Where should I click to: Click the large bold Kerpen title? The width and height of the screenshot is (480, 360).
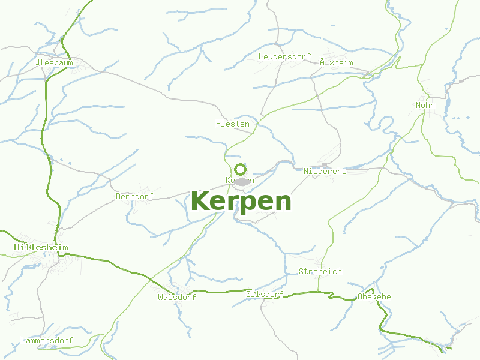click(x=241, y=201)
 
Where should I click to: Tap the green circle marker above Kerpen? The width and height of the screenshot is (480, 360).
click(x=240, y=169)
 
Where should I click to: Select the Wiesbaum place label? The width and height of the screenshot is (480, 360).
click(x=53, y=62)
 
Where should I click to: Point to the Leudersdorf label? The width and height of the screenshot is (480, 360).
click(x=284, y=57)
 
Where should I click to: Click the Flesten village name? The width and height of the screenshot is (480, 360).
click(x=232, y=124)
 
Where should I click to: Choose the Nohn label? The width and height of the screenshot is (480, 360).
click(x=425, y=106)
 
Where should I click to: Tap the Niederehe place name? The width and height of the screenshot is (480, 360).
click(x=325, y=172)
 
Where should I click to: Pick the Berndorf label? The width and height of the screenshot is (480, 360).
click(x=134, y=196)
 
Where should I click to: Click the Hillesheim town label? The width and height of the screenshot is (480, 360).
click(x=41, y=247)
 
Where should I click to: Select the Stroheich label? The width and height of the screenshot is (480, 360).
click(x=320, y=271)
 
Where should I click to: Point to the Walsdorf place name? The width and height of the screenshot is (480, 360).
click(x=177, y=297)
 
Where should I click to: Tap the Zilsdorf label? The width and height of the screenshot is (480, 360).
click(x=265, y=294)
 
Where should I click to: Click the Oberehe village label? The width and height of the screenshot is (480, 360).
click(x=374, y=296)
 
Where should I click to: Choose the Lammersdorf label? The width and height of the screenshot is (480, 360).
click(x=47, y=340)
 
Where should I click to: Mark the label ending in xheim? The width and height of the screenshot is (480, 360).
click(x=337, y=62)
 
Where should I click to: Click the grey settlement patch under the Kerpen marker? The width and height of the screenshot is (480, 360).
click(x=243, y=181)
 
